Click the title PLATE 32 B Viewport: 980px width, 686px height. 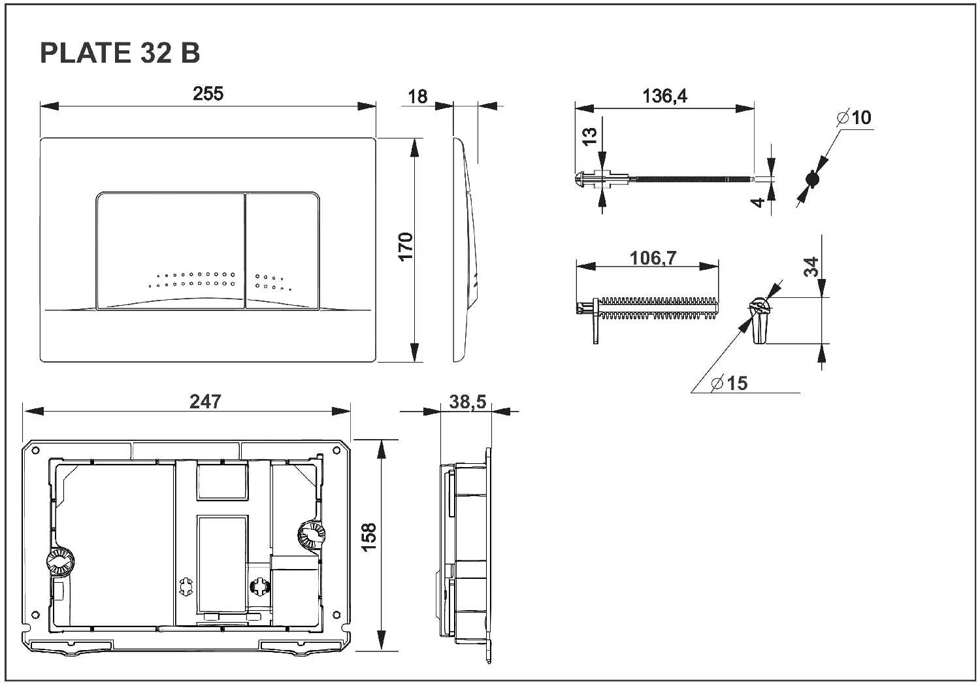120,53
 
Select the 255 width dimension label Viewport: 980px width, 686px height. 208,94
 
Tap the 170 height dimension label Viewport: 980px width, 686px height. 406,246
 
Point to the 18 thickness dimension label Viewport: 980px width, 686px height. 417,97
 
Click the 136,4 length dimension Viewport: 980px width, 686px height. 664,96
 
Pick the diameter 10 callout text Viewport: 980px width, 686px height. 855,118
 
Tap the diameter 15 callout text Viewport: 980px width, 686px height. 729,383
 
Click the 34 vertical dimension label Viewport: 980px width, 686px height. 811,267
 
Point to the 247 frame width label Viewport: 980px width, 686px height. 205,401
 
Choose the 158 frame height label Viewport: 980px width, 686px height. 368,537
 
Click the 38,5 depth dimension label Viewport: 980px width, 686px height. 467,402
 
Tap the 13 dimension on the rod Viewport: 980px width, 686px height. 589,136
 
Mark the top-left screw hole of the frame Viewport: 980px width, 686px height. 35,449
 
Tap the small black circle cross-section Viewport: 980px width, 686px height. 811,179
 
